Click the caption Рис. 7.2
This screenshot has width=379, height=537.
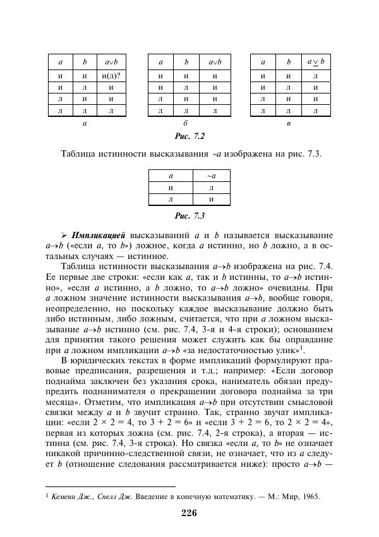[x=189, y=136]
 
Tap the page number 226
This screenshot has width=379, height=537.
[x=189, y=512]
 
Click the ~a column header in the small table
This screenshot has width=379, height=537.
[x=211, y=176]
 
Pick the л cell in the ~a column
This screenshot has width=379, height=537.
[x=211, y=188]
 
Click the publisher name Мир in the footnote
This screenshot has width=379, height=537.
[x=286, y=496]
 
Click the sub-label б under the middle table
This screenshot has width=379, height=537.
[x=186, y=123]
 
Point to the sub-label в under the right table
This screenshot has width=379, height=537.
[x=288, y=123]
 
